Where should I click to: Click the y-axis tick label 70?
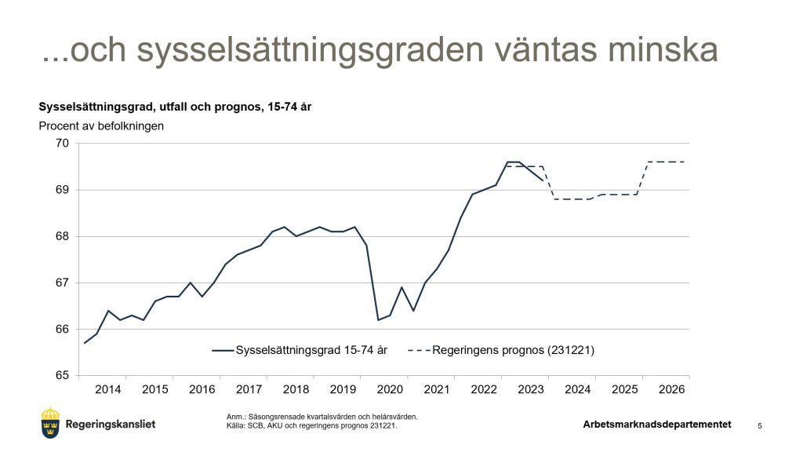62,144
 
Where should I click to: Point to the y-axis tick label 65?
62,375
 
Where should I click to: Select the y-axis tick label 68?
62,236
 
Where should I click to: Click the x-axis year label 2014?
108,390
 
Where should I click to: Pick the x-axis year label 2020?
390,390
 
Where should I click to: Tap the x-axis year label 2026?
672,390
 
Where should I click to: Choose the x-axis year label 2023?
531,390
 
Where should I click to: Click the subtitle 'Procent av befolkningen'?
101,126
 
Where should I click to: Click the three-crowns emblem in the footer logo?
50,424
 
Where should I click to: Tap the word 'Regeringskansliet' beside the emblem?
111,425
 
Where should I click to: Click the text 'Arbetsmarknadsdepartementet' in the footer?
657,425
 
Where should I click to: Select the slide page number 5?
760,425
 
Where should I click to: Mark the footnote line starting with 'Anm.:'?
322,417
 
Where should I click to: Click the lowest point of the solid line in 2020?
378,319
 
